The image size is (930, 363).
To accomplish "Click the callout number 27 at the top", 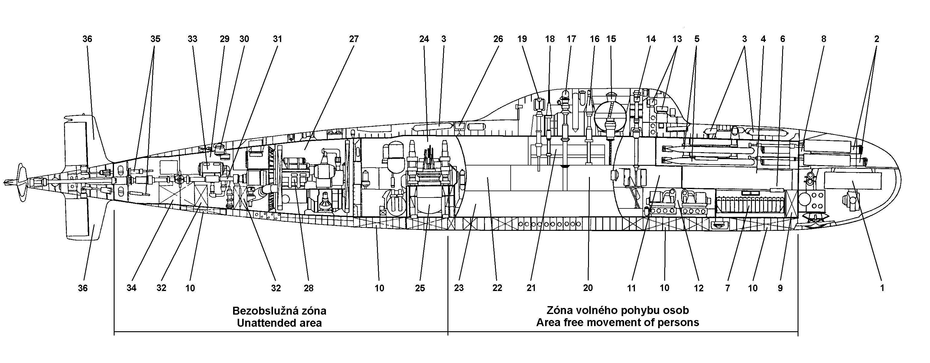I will coord(353,39).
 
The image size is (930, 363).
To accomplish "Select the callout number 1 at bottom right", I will coord(882,288).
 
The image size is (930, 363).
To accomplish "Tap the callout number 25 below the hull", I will coord(420,288).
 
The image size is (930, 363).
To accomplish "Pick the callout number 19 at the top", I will coord(522,39).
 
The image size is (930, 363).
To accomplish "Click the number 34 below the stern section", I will coord(132,288).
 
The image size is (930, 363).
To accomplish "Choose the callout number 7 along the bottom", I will coord(727,288).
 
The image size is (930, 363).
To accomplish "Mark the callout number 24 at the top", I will coord(424,39).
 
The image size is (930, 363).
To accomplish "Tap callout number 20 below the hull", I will coord(588,288).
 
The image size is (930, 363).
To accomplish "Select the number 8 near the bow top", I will coord(824,39).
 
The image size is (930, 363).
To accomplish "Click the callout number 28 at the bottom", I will coord(308,288).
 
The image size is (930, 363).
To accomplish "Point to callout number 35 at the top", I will coord(155,39).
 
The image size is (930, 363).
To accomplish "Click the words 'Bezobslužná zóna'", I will coord(279,311).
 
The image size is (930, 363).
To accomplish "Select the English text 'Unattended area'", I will coord(279,322).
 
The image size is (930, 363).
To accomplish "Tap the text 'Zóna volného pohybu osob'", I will coord(618,310).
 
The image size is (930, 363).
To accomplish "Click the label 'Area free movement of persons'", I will coord(618,322).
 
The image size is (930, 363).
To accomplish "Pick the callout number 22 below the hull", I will coord(497,288).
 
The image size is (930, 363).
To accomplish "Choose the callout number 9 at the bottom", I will coord(780,288).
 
